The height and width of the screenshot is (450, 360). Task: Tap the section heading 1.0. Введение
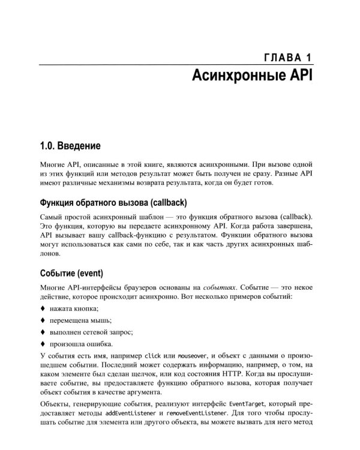pyautogui.click(x=70, y=145)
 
